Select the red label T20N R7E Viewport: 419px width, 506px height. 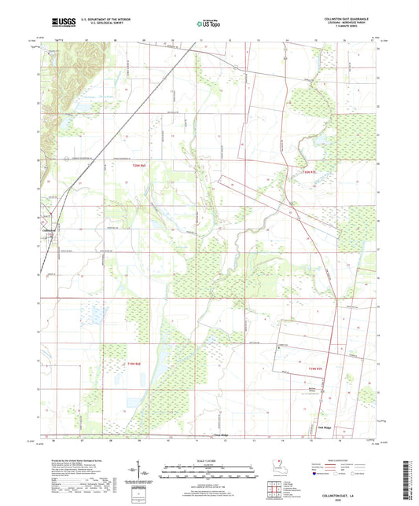click(x=311, y=172)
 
